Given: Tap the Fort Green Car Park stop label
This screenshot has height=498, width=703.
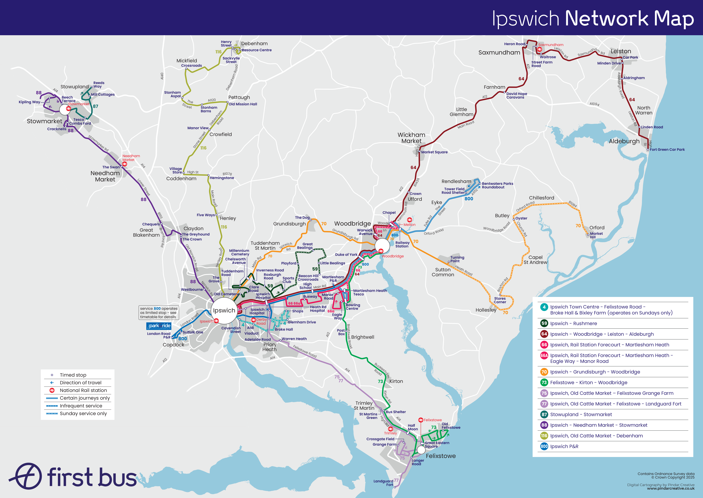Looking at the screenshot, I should tap(667, 150).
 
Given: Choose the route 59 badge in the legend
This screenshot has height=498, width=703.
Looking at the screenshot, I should tap(544, 323).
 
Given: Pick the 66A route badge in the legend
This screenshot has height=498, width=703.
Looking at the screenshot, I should tap(544, 355).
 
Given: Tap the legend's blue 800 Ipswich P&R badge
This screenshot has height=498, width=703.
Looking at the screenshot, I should tap(544, 446).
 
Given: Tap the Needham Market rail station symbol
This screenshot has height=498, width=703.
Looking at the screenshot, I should tap(125, 164).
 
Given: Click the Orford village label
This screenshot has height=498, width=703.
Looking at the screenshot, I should tap(597, 228).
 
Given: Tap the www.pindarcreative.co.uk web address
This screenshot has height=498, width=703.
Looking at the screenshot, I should tap(671, 488).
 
